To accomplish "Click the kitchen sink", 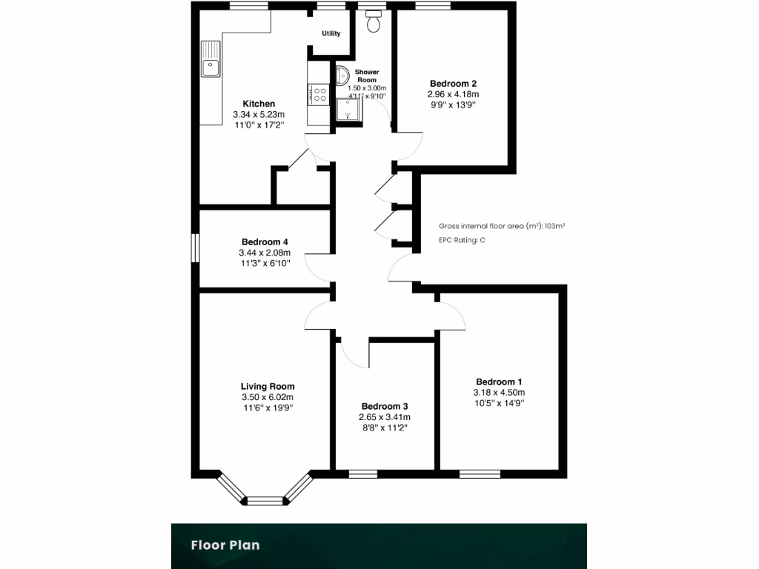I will coord(211,59).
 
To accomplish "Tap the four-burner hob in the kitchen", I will coord(320,94).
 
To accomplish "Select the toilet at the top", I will coord(373,22).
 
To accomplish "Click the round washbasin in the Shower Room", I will coord(342,74).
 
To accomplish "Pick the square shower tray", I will coord(346,110).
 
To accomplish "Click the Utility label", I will coord(331,34).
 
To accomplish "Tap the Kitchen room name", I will coord(259,104).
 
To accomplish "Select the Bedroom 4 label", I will coord(264,242).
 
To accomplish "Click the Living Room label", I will coord(267,386).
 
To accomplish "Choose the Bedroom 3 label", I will coord(384,407).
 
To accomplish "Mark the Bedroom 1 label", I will coord(499,382).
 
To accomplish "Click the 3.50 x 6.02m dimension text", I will coord(267,397).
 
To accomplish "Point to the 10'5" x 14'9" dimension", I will coord(499,403).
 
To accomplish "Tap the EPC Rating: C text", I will coord(463,240).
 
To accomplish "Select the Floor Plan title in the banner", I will coord(225,545).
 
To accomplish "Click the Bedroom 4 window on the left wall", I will coord(196,247).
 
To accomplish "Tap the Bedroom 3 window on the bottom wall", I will coord(362,473).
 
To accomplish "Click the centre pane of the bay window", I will coord(265,501).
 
